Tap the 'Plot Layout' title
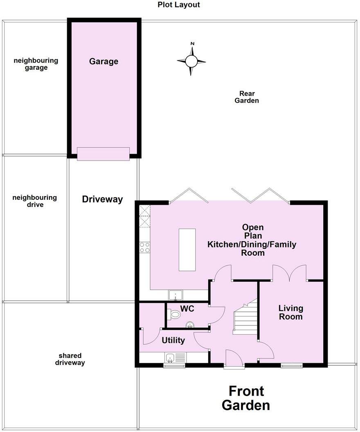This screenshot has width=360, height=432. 179,5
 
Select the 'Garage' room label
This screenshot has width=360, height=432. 104,61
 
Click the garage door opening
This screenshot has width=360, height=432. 103,154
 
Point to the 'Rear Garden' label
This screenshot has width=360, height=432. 247,97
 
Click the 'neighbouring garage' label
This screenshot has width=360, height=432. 36,64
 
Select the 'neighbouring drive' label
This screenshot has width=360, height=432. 35,201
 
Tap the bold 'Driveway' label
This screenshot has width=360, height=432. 102,199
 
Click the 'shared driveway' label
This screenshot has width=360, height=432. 70,359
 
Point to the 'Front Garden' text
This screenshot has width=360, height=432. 246,398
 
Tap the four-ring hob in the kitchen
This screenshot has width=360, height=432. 144,247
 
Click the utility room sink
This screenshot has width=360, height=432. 171,358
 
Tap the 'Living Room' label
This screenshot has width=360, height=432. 291,312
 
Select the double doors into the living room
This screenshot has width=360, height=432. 289,273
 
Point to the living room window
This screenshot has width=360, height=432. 291,366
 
